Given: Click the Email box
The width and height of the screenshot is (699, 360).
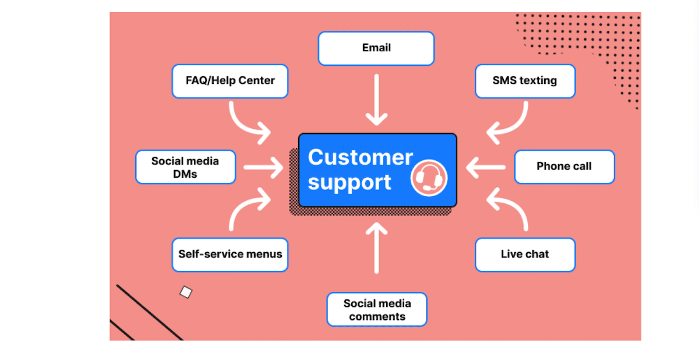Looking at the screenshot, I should (376, 48).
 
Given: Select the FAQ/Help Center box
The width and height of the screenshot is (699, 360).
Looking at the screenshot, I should (230, 81).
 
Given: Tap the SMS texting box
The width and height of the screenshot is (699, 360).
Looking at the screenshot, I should (525, 81).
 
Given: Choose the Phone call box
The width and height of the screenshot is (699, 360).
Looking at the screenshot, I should (564, 167).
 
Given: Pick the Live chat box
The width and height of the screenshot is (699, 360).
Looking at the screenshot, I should (525, 255).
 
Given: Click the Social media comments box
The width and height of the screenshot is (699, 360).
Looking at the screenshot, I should (377, 309).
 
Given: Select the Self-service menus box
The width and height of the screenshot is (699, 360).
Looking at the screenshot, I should (230, 255).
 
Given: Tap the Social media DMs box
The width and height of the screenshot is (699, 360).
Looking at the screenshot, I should (185, 167).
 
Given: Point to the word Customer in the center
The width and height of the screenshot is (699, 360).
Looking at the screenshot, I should (360, 157).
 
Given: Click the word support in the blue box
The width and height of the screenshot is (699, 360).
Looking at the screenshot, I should (349, 182).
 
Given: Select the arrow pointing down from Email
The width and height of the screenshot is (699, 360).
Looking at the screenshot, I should (377, 100).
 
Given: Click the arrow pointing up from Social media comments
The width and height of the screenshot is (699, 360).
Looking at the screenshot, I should (377, 248).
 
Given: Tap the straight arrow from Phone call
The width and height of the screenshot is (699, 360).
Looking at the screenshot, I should (486, 167).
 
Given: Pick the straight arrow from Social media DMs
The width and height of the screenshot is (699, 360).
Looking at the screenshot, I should (262, 167).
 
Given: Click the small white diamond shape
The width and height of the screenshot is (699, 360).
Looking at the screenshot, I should (186, 292).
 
